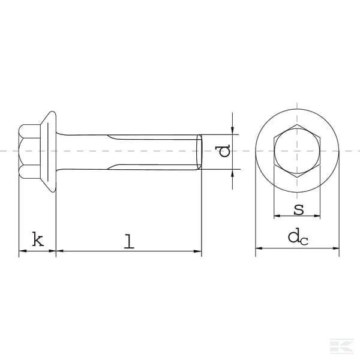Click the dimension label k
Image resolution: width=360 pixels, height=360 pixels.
38,239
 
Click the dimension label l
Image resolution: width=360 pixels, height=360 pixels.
129,241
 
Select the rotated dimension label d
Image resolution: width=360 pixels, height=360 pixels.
223,151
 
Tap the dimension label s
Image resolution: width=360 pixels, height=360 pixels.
299,209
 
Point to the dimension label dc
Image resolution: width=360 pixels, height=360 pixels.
298,237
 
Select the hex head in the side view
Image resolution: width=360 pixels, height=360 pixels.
29,152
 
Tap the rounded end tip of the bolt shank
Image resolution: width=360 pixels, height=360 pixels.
199,152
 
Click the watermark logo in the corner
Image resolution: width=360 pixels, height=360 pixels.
342,346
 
